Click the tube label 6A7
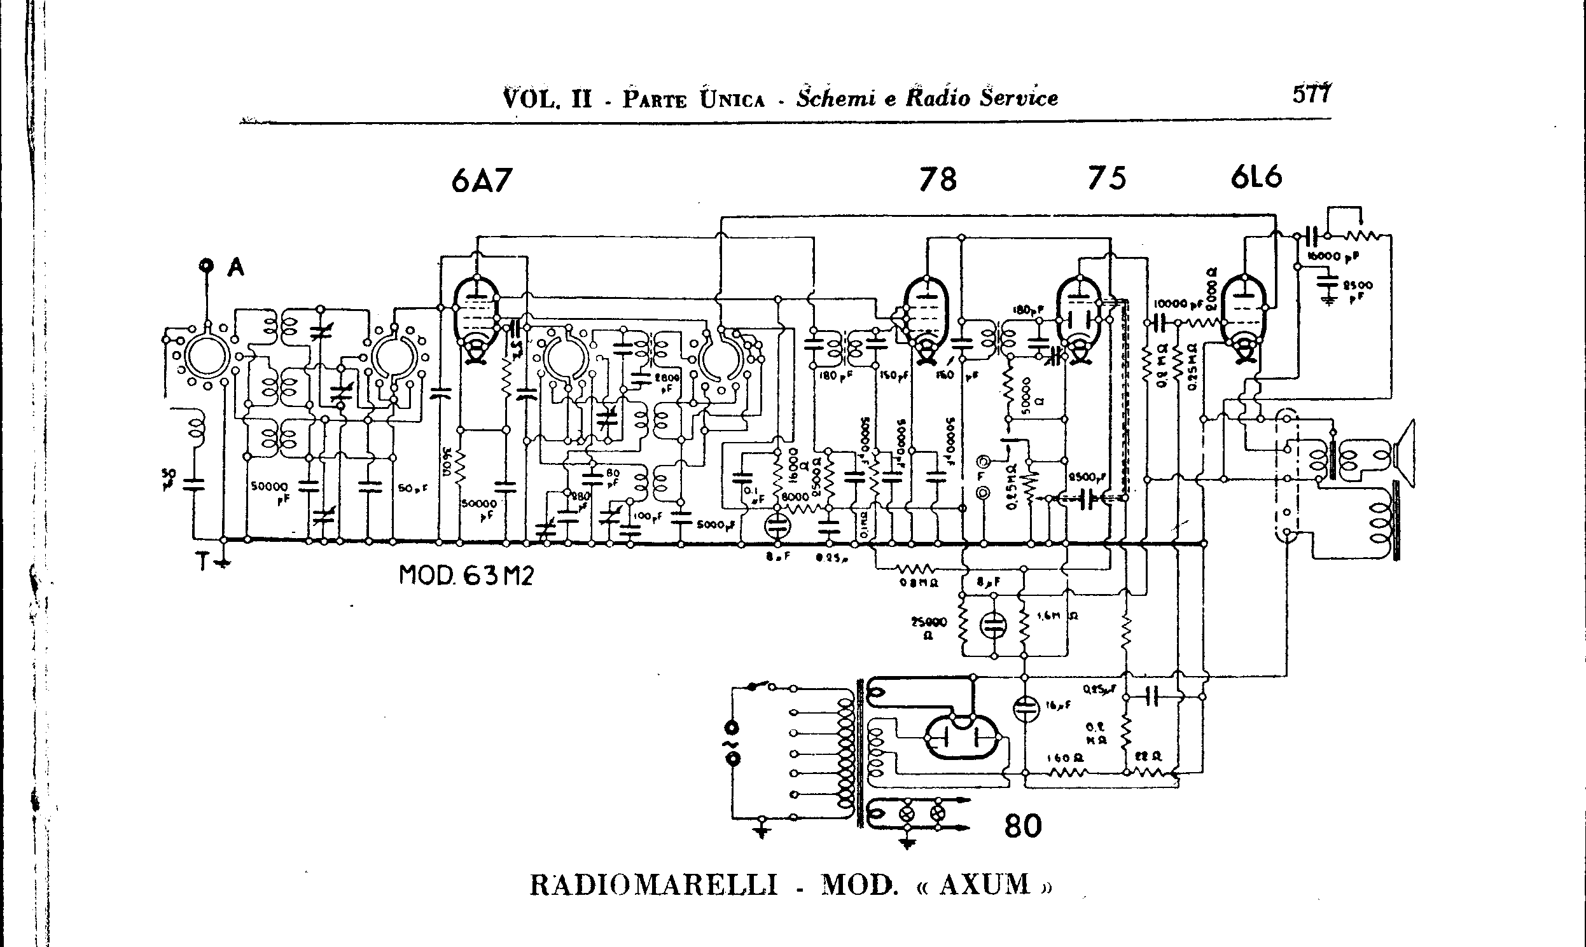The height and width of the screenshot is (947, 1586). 481,181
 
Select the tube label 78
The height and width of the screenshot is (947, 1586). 938,180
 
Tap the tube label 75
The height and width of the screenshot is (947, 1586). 1107,179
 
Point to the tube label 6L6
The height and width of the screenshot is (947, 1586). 1256,177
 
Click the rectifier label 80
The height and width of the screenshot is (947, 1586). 1022,826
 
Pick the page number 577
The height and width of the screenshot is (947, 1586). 1312,94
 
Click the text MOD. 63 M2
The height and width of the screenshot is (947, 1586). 466,576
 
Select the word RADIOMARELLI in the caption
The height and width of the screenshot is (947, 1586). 653,886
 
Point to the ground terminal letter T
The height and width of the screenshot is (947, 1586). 203,561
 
